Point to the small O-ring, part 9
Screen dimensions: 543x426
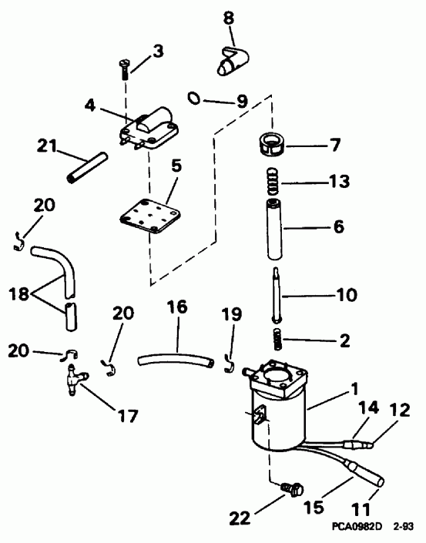click(x=196, y=98)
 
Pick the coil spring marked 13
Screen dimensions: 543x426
click(x=273, y=183)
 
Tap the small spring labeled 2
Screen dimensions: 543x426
click(x=273, y=336)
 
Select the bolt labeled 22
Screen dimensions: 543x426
click(x=291, y=488)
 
